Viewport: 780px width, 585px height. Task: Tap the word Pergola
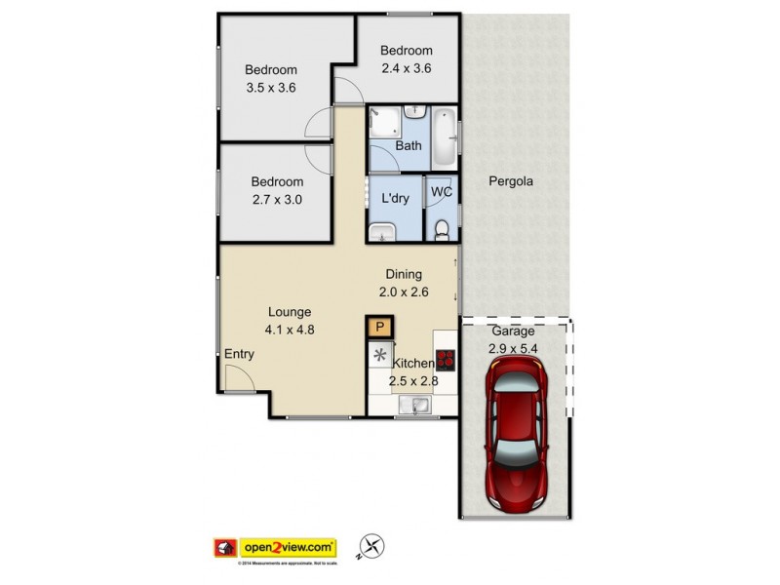point(511,181)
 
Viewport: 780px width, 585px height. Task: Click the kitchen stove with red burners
point(446,361)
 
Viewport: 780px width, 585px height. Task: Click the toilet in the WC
point(441,229)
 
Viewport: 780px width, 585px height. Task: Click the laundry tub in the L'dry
point(382,231)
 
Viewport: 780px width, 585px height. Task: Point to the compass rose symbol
point(370,548)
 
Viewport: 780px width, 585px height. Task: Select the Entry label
point(239,354)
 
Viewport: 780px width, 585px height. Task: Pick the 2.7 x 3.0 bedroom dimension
point(277,201)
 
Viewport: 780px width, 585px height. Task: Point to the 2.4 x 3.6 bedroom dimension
point(406,68)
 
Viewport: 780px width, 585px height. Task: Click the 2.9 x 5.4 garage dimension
point(513,347)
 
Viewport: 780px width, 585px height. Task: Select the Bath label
point(408,146)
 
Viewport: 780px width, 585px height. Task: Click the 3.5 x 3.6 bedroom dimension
point(270,88)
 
